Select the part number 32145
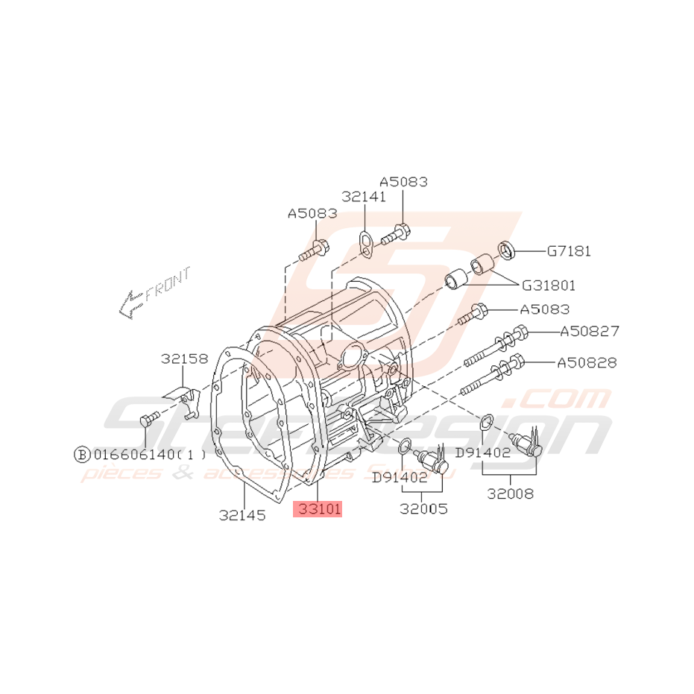(x=242, y=514)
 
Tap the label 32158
(x=184, y=359)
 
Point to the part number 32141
(x=364, y=197)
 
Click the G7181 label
(x=568, y=251)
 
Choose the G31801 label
(x=548, y=285)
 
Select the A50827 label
(x=589, y=331)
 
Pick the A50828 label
(x=587, y=363)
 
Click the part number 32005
(x=423, y=509)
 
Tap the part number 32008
(x=511, y=493)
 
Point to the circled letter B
(x=81, y=453)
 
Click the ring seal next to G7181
(x=506, y=248)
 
